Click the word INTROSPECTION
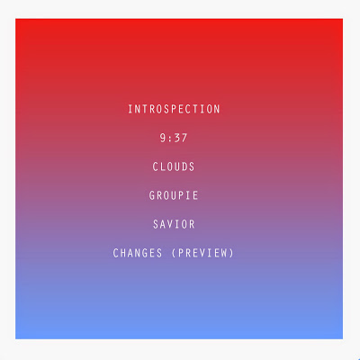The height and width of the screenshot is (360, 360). coord(174,109)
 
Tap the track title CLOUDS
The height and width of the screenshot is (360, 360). coord(174,166)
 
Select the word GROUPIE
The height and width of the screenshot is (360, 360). coord(174,195)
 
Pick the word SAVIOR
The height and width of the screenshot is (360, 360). coord(174,224)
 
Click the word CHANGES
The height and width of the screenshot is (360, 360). coord(138,253)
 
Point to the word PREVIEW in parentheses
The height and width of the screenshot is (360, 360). coord(203,253)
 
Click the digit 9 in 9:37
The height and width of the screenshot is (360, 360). coord(163,138)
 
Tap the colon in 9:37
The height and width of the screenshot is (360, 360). coord(170,139)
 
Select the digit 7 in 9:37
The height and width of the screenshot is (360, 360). coord(184,138)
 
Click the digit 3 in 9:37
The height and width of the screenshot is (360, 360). coord(177,138)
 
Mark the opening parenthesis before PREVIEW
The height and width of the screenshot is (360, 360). coord(174,253)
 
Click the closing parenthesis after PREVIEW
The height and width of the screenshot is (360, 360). coord(231,253)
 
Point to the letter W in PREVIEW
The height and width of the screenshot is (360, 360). coord(225,253)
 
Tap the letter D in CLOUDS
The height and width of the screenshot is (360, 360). coord(184,166)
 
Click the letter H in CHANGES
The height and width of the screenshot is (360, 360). coord(123,253)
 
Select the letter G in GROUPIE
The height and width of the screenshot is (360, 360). coord(152,195)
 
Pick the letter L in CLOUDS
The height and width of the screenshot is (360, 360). coord(163,166)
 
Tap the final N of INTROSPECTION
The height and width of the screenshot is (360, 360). coord(217,109)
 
